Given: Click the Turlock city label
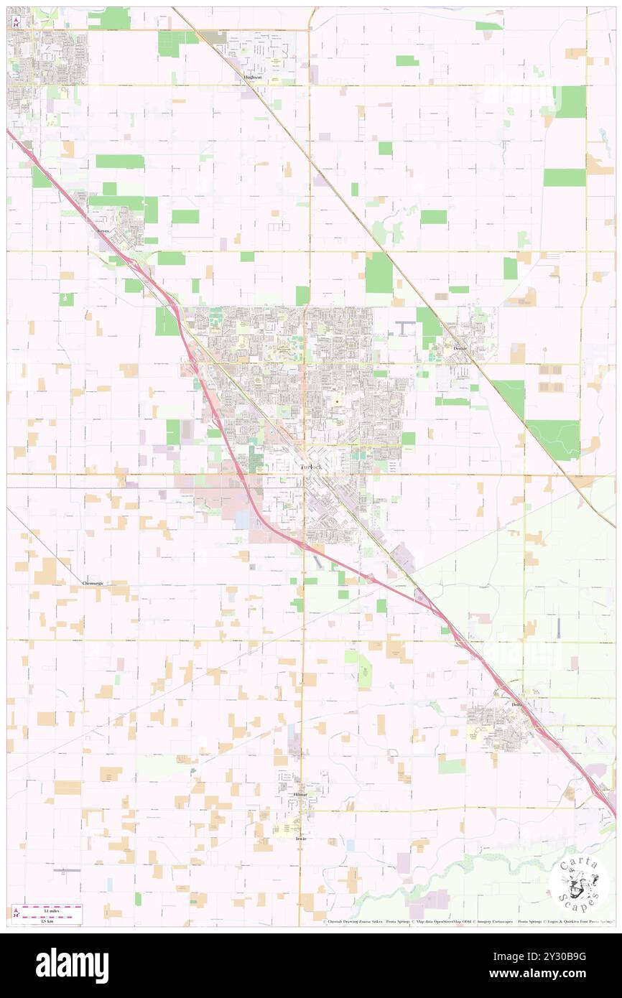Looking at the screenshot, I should [x=311, y=467].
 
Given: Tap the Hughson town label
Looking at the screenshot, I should [x=253, y=77].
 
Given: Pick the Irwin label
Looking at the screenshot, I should [x=301, y=838].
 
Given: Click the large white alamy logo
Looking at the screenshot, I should [x=72, y=965].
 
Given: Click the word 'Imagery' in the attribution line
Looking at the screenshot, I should [x=491, y=921].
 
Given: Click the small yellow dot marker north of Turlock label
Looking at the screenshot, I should [x=337, y=401].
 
